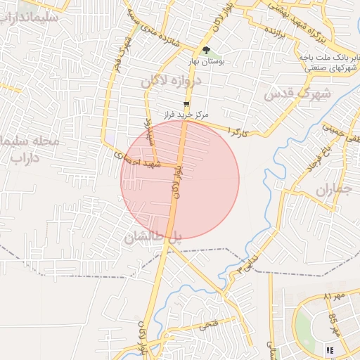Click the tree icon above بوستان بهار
coord(206,50)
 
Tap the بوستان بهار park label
coord(207,62)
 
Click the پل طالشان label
coord(153,238)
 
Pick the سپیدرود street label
coord(149,132)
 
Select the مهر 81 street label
coord(333,297)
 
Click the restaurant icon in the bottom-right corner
coord(330,350)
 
